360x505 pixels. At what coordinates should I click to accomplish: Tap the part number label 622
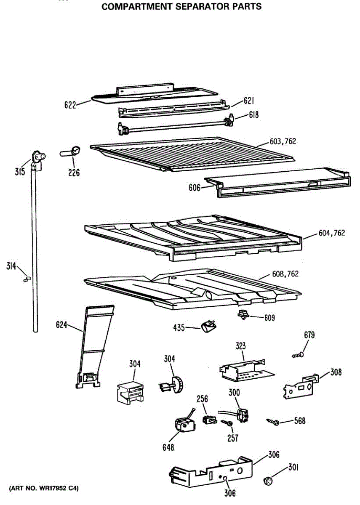70,105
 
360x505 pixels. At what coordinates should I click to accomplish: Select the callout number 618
253,115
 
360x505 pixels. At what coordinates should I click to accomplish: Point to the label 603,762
283,141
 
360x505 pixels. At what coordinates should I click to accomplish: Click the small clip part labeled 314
27,279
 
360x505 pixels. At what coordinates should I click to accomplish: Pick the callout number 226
74,173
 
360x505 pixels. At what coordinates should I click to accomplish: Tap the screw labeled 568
273,422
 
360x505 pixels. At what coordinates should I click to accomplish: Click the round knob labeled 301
268,481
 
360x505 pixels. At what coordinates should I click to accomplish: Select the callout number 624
61,325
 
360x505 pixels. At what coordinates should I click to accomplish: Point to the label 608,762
285,274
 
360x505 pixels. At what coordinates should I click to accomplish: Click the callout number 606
195,188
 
